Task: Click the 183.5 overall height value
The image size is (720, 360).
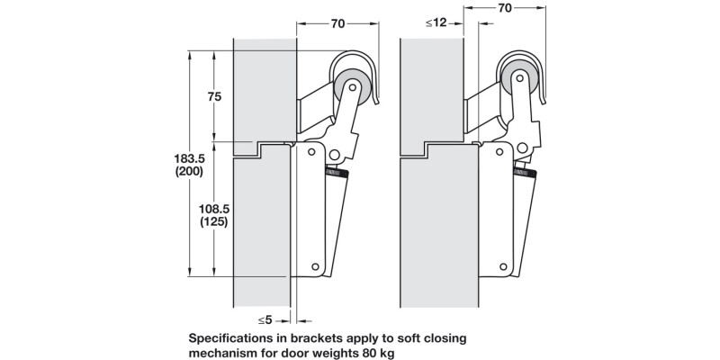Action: click(187, 158)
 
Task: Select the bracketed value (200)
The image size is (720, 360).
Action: click(187, 172)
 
